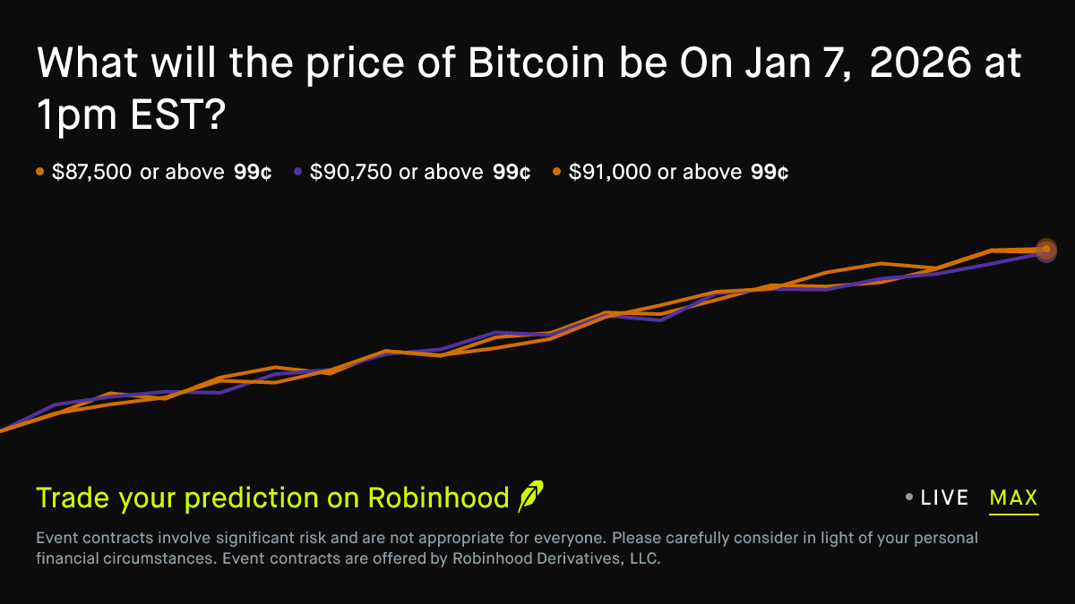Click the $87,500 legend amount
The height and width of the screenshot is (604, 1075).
point(92,172)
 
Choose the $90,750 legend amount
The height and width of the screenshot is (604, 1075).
point(351,172)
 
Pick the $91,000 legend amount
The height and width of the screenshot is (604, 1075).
point(609,172)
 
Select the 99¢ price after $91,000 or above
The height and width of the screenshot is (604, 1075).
point(770,172)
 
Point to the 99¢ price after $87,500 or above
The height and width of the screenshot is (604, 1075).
point(253,172)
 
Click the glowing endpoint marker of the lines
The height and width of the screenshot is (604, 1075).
point(1045,249)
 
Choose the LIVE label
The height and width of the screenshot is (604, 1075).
point(944,498)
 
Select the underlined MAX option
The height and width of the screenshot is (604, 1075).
point(1013,498)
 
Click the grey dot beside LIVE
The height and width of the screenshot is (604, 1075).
point(909,498)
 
